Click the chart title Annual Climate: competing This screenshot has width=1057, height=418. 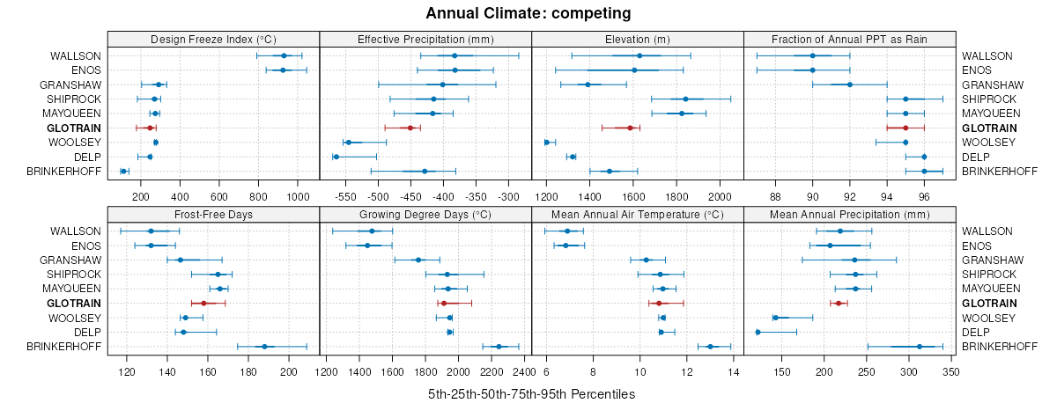click(528, 13)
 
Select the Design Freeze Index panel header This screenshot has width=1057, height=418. click(213, 39)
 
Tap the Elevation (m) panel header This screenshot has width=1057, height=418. click(638, 39)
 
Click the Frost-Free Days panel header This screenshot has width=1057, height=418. click(213, 214)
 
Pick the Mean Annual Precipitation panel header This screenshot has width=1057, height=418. click(850, 214)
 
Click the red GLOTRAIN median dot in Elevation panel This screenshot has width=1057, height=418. click(631, 128)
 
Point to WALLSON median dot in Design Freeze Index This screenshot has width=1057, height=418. click(284, 55)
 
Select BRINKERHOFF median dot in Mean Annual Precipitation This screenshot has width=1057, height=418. click(920, 347)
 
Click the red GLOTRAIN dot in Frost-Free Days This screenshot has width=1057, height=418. click(203, 304)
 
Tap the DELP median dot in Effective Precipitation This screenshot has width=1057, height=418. click(336, 157)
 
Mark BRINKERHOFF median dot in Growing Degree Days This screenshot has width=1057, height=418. click(499, 347)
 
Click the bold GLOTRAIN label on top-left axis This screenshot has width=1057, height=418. click(77, 128)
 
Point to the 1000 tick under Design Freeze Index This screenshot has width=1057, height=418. click(298, 195)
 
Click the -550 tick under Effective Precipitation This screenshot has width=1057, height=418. click(344, 195)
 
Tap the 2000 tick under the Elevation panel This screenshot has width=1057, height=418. click(720, 195)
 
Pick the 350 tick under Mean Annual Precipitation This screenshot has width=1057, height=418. click(950, 371)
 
